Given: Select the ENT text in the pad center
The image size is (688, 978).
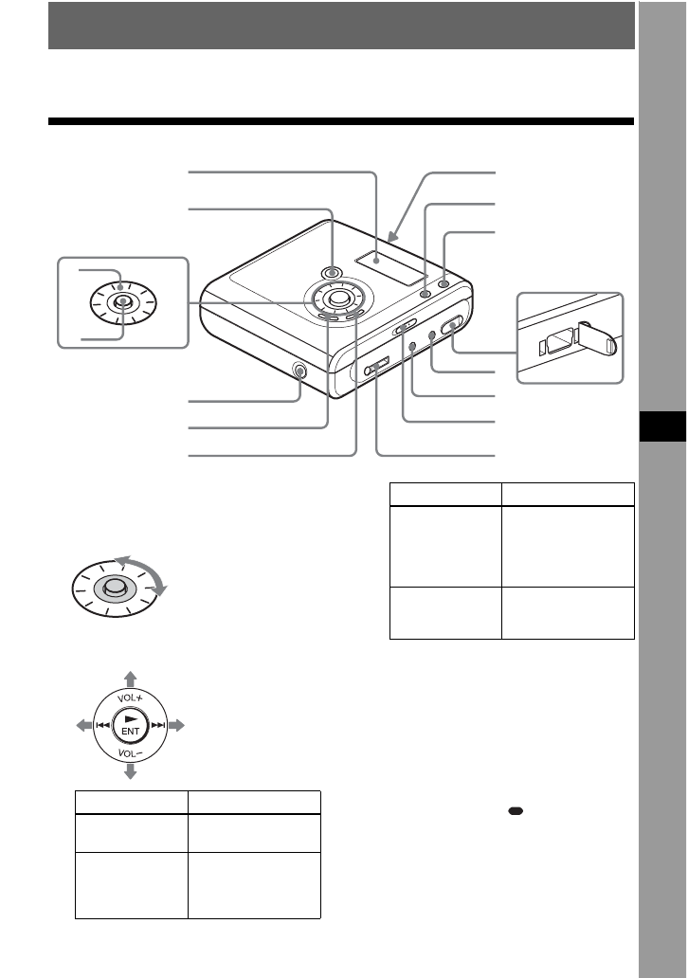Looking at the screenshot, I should (130, 732).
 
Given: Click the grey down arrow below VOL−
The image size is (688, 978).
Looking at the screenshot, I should (130, 771).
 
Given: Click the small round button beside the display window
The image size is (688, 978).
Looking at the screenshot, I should (425, 293).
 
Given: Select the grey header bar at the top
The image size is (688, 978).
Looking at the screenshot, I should (341, 25).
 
